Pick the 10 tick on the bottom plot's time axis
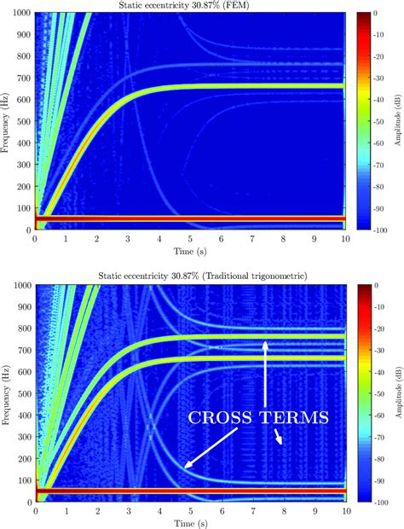(345, 511)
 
